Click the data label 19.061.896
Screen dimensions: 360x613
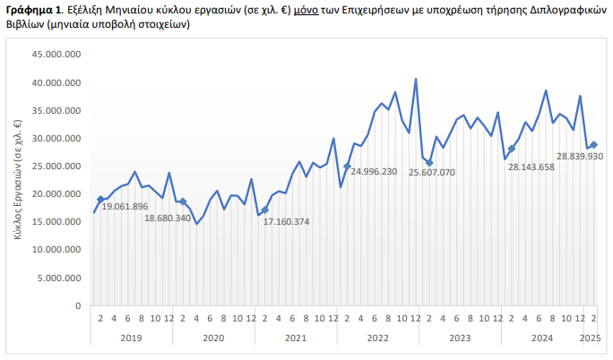(125, 207)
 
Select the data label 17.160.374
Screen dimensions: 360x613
(286, 221)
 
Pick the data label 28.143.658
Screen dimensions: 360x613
(532, 167)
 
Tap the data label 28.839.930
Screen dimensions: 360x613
(580, 156)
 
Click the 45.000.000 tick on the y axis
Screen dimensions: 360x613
(57, 56)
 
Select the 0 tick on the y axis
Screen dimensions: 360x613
(79, 305)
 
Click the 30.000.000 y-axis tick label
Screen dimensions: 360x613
(57, 139)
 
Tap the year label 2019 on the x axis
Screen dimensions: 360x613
(131, 338)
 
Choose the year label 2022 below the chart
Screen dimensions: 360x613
(378, 338)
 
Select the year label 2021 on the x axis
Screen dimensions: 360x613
(296, 338)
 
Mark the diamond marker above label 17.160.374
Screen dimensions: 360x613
(265, 210)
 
